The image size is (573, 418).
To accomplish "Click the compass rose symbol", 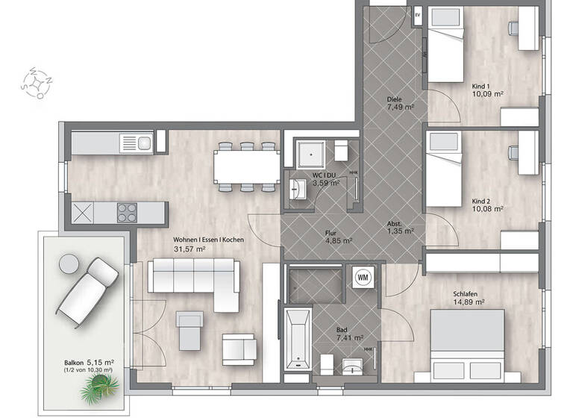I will point(37,82).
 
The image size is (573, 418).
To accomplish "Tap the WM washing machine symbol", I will point(364,276).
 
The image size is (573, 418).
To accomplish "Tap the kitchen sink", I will point(136,141).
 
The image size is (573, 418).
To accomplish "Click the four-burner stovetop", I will point(128,213).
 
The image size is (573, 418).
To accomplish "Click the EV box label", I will point(418,16).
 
